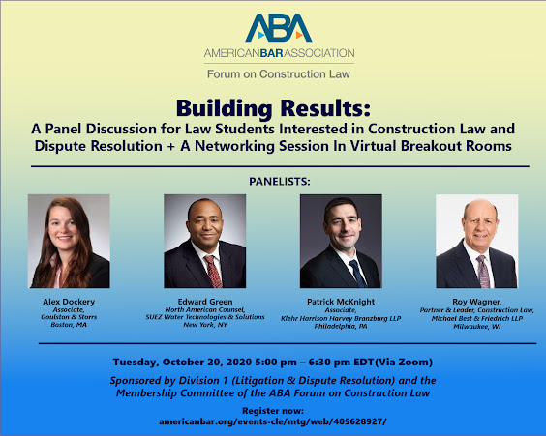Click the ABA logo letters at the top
click(x=279, y=28)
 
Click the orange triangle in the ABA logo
click(x=299, y=35)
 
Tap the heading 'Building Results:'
click(x=273, y=108)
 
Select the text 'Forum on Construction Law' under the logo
click(x=279, y=74)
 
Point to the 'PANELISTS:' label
click(x=279, y=182)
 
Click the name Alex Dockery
click(x=69, y=302)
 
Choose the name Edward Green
click(x=205, y=302)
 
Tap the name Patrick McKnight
click(x=341, y=302)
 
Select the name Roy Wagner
click(x=476, y=302)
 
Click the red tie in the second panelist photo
click(x=213, y=272)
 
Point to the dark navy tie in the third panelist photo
click(x=357, y=274)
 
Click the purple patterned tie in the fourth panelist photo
click(x=483, y=272)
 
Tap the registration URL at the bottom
click(x=273, y=421)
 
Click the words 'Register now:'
click(x=273, y=411)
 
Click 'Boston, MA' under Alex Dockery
click(x=69, y=325)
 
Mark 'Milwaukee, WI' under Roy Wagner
click(x=476, y=327)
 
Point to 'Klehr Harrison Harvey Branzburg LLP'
click(x=341, y=318)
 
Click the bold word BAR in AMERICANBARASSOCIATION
click(x=272, y=53)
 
